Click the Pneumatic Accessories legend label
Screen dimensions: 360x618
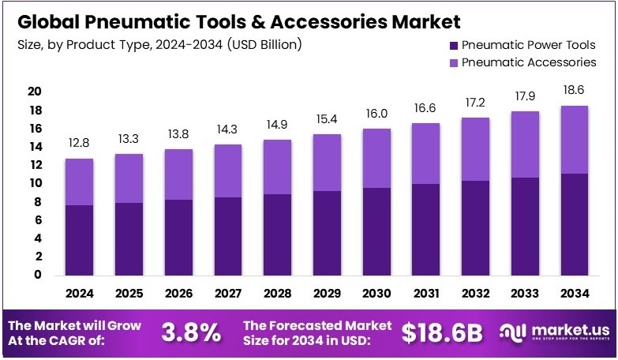pos(528,62)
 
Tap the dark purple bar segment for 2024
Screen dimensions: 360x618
pos(79,240)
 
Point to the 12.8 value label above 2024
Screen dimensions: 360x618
pos(79,144)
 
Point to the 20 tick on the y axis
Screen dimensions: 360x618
pos(34,92)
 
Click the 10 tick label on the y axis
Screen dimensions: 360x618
pos(34,183)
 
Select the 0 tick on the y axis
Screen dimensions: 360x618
pos(37,275)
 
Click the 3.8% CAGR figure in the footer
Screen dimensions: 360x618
pos(191,332)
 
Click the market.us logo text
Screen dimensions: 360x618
pos(567,329)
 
